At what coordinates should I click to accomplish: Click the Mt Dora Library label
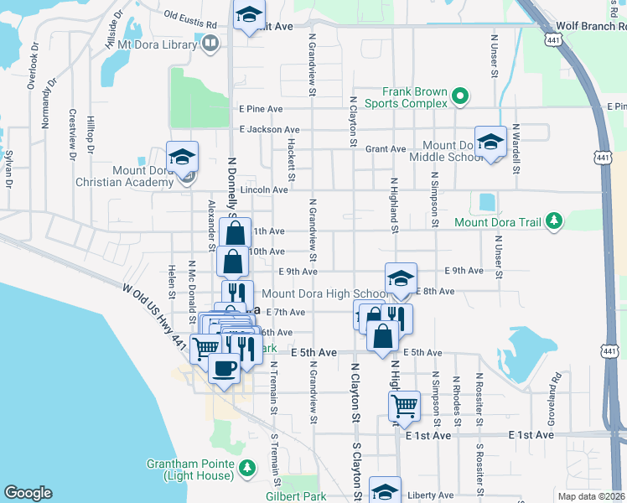(157, 44)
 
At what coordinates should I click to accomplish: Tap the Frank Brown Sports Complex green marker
(459, 98)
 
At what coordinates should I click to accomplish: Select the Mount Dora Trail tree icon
(553, 221)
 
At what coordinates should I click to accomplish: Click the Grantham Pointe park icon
(246, 466)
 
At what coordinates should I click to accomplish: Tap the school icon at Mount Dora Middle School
(490, 142)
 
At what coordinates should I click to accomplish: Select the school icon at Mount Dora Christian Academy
(182, 157)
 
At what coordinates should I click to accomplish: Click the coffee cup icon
(224, 368)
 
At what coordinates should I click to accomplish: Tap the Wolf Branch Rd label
(595, 27)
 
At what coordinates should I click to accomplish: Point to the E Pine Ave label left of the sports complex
(261, 109)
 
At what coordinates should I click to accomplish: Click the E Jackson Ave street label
(268, 130)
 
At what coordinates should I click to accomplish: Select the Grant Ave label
(386, 149)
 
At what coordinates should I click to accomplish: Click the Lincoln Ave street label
(264, 190)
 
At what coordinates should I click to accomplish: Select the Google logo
(28, 493)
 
